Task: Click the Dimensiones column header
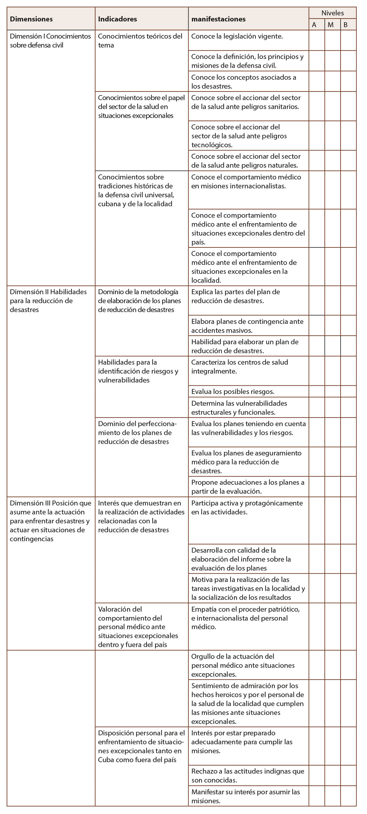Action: click(x=31, y=19)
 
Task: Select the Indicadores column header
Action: click(x=117, y=19)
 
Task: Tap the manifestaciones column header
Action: click(x=218, y=19)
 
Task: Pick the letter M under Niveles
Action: click(x=331, y=25)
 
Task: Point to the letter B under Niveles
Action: click(x=346, y=25)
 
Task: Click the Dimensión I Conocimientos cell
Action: click(x=50, y=41)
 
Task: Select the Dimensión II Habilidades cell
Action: click(x=48, y=301)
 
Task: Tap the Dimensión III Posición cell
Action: click(x=50, y=521)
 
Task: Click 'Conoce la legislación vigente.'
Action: click(x=237, y=36)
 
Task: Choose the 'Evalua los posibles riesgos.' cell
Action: click(x=233, y=391)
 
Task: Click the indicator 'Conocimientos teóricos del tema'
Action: click(x=140, y=41)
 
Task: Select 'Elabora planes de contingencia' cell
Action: click(x=247, y=326)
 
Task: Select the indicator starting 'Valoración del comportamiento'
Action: click(x=138, y=627)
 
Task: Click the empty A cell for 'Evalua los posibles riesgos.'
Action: click(x=317, y=391)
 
